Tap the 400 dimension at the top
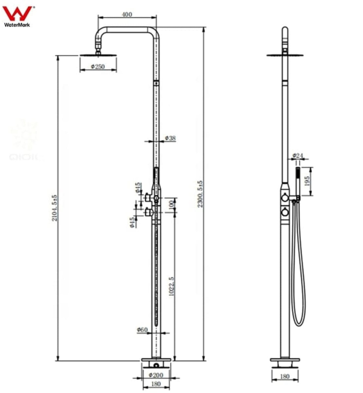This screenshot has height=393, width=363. click(127, 14)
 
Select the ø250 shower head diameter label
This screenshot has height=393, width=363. click(98, 66)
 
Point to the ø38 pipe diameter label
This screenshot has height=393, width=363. click(170, 138)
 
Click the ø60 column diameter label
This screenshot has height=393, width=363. click(142, 329)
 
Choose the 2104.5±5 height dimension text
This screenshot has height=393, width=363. click(54, 208)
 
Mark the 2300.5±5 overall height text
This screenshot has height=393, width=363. click(200, 194)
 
